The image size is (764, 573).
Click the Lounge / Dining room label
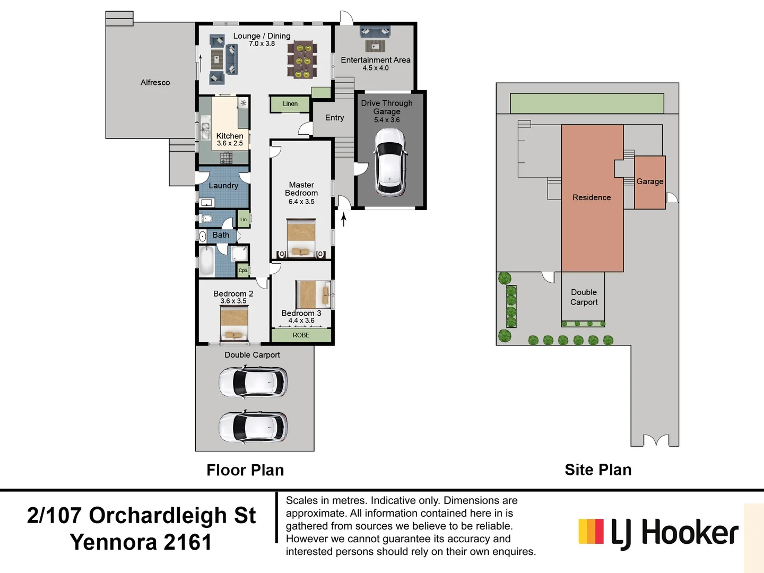coord(262,36)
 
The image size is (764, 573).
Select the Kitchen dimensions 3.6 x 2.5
coord(230,143)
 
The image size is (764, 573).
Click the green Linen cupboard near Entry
coord(290,104)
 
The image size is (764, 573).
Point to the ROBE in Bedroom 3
coord(301,335)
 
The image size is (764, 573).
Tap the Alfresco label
coord(155,83)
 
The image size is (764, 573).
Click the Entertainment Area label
coord(376,60)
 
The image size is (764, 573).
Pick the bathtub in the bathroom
coord(206,261)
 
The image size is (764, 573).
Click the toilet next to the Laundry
coord(206,219)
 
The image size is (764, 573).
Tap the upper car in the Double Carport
coord(253,382)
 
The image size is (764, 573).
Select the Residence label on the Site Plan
coord(592,197)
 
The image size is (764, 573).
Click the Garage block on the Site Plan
coord(650,182)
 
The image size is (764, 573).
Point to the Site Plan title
coord(598,470)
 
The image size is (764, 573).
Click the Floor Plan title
coord(245,470)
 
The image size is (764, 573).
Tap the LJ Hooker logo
coord(658,533)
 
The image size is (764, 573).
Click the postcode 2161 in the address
coord(188,542)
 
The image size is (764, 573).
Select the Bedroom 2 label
coord(233,293)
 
